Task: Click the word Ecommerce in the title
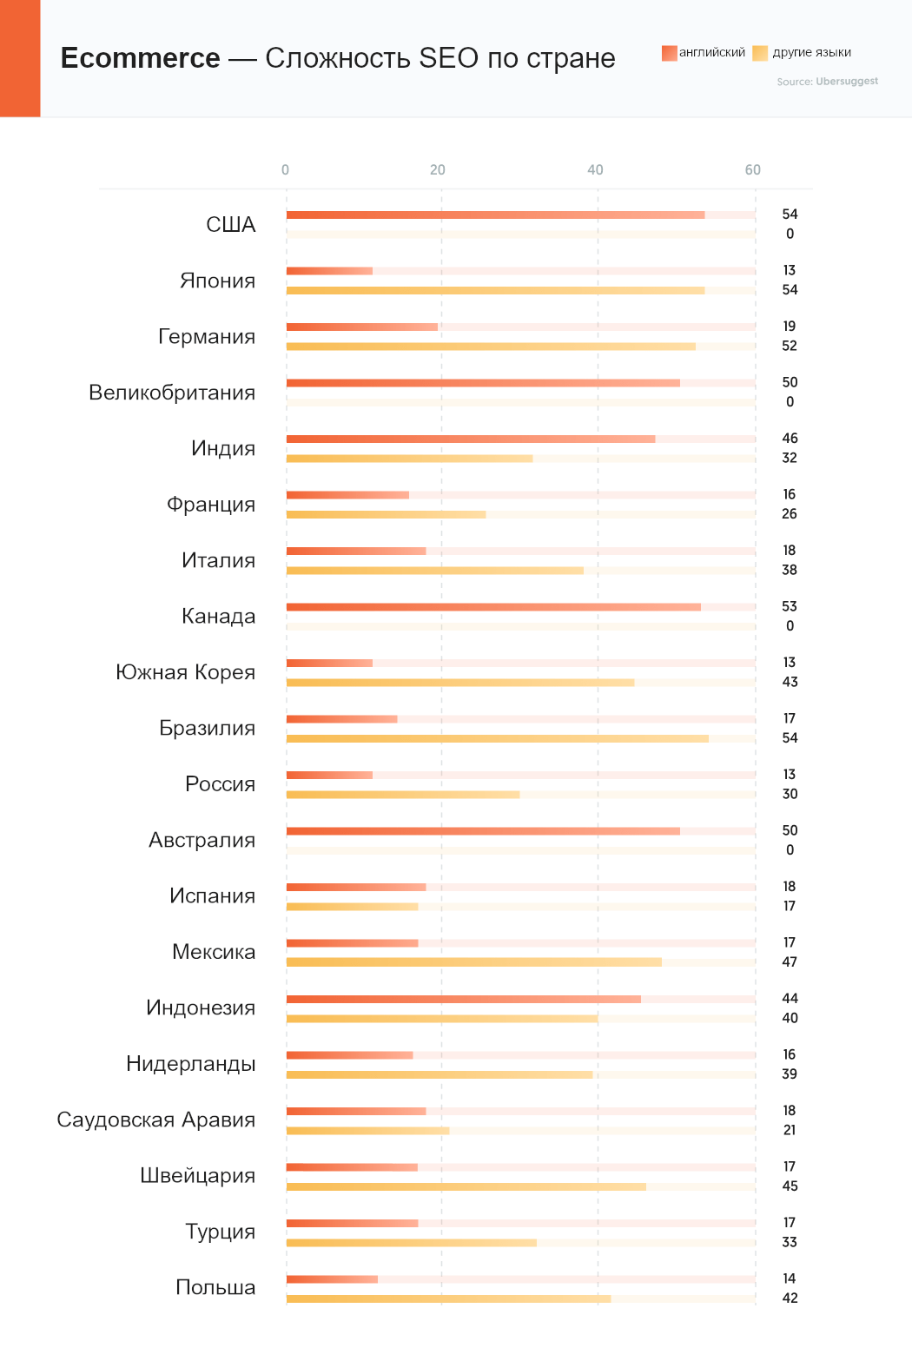click(x=140, y=58)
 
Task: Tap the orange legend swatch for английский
click(x=669, y=53)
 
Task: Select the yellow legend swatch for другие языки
click(x=760, y=53)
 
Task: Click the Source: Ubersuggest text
click(x=827, y=82)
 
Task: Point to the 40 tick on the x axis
click(x=595, y=170)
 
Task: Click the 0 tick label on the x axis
click(x=285, y=170)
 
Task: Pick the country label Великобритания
click(x=172, y=393)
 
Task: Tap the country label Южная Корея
click(x=185, y=672)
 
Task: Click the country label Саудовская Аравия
click(x=156, y=1120)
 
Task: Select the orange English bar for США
click(x=495, y=215)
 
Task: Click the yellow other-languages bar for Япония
click(x=495, y=290)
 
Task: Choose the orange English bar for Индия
click(x=471, y=439)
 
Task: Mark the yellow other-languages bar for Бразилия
click(x=497, y=738)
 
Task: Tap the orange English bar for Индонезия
click(x=463, y=999)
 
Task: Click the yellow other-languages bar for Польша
click(x=448, y=1298)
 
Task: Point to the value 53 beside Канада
click(x=789, y=606)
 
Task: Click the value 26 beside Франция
click(x=789, y=514)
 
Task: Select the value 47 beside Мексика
click(x=789, y=962)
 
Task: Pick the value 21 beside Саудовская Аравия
click(x=789, y=1130)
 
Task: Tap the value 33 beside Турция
click(x=789, y=1242)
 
